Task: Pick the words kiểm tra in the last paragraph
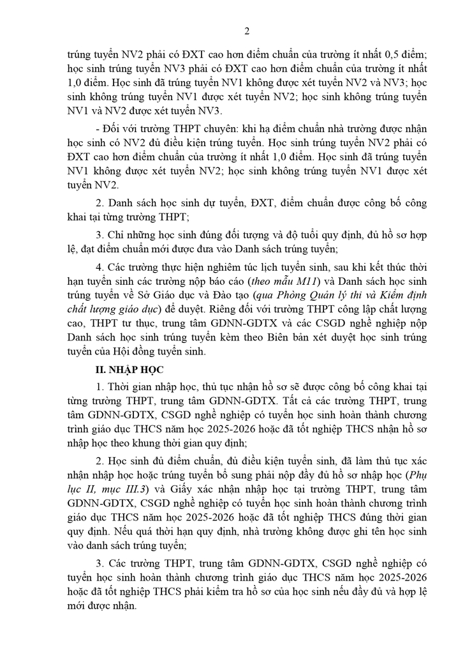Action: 217,592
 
